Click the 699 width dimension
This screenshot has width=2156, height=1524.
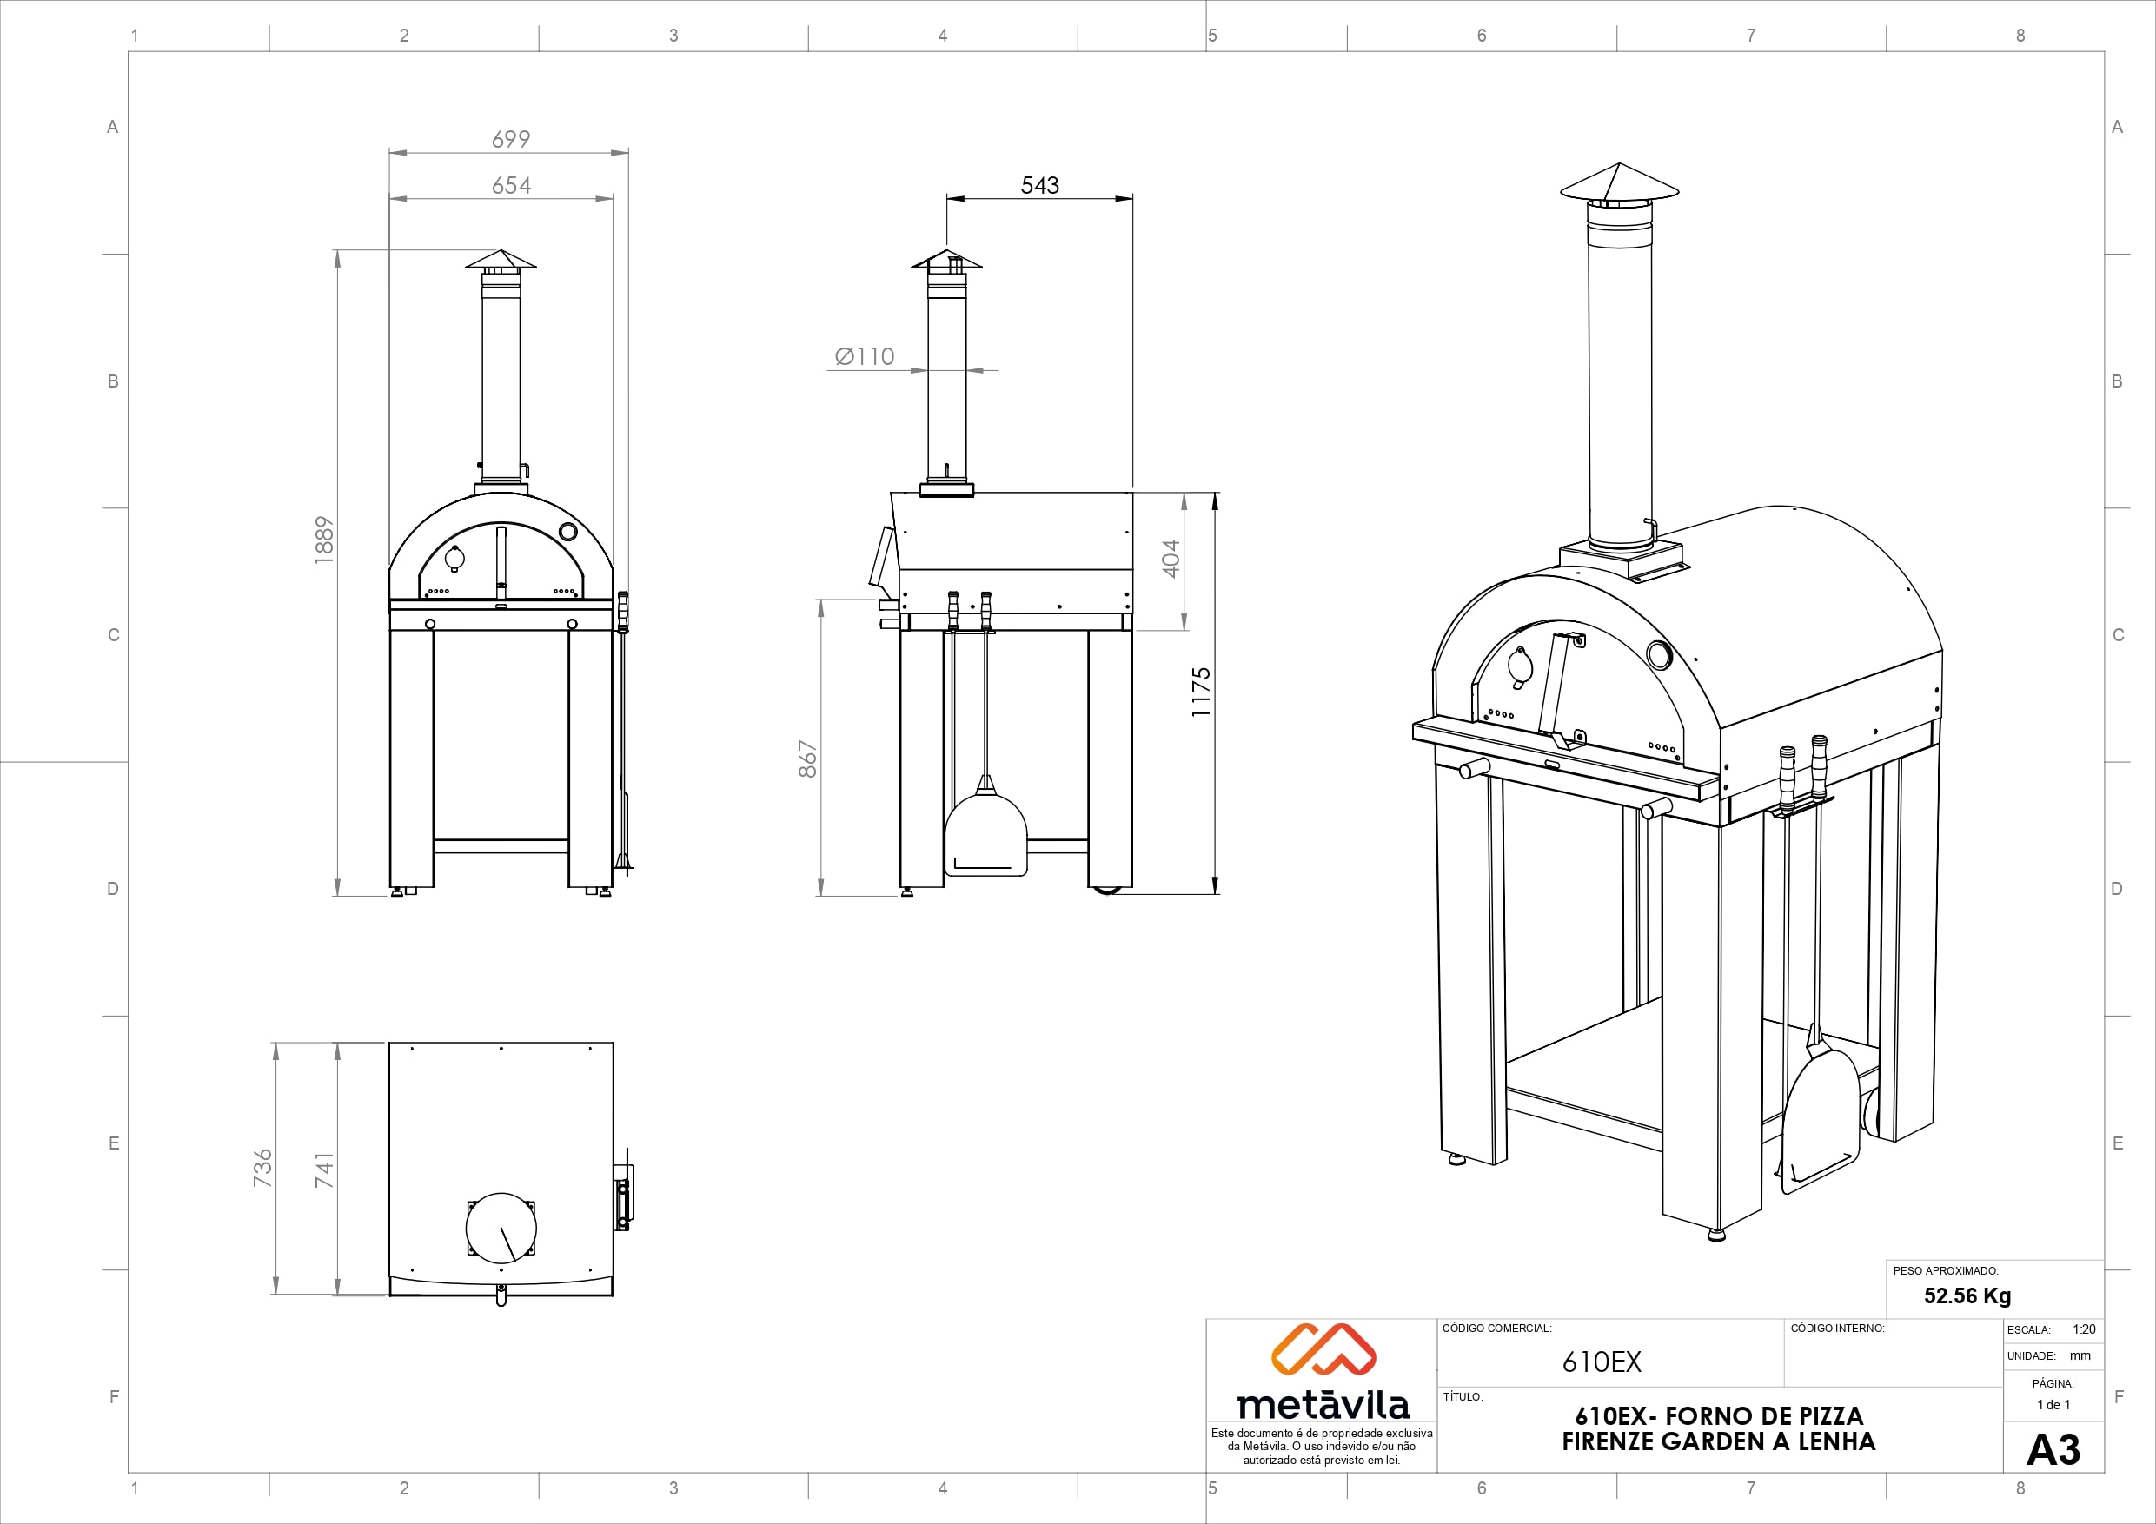tap(511, 139)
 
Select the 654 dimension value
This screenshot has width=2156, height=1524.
tap(511, 186)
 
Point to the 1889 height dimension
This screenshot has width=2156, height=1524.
tap(324, 540)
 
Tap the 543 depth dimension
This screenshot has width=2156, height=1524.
tap(1039, 185)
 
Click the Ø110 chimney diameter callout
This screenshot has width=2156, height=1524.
tap(865, 357)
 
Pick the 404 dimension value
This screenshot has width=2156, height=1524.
tap(1170, 558)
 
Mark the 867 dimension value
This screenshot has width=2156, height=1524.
tap(807, 759)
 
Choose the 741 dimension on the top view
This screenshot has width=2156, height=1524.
tap(324, 1170)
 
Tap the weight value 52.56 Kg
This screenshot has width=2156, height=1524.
tap(1967, 1295)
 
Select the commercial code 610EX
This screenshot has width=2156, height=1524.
tap(1602, 1362)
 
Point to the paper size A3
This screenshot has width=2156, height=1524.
tap(2053, 1450)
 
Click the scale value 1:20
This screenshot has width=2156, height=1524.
tap(2084, 1329)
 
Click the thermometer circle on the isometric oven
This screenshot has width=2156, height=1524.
tap(1658, 654)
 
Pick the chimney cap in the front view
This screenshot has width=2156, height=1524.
tap(501, 259)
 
